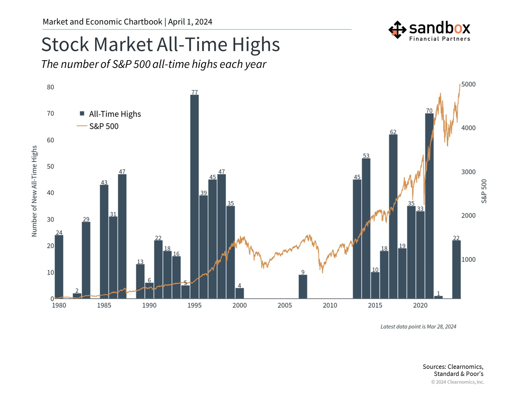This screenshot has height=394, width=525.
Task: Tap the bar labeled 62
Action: click(393, 216)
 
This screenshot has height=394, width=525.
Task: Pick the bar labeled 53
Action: click(366, 228)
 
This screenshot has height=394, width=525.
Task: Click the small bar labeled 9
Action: click(303, 286)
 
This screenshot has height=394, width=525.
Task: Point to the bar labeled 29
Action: click(86, 260)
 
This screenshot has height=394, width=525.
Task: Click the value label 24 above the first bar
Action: click(59, 233)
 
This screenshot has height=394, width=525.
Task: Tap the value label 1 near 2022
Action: click(438, 293)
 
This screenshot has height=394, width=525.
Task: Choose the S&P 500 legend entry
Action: click(104, 126)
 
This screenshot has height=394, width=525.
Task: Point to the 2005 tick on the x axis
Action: click(285, 305)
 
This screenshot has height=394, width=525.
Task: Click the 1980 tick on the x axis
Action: click(59, 305)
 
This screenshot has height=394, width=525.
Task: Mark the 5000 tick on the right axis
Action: click(468, 84)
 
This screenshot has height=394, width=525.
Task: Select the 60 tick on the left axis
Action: click(50, 140)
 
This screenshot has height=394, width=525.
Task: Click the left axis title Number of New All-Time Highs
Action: click(34, 191)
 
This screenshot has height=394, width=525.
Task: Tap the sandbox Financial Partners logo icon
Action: click(397, 30)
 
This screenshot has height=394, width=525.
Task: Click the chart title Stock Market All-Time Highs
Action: click(161, 44)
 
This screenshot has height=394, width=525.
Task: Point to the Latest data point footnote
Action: click(418, 326)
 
